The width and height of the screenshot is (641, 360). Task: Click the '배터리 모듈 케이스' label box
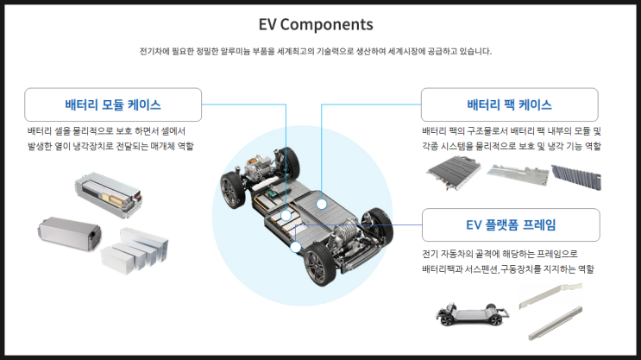point(113,105)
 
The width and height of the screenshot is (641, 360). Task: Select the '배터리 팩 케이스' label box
point(509,105)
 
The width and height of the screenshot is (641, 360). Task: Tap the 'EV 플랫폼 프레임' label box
point(509,225)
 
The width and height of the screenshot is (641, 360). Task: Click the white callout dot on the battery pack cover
point(322,205)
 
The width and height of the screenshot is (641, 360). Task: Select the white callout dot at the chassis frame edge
point(295,248)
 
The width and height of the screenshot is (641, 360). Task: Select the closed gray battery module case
point(67,234)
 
